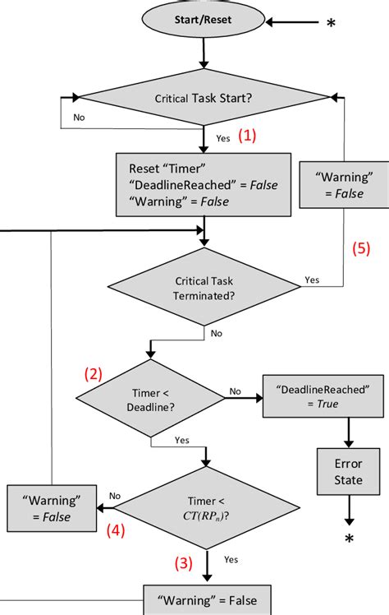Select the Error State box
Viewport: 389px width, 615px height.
(x=349, y=470)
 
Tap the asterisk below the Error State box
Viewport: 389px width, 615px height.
(x=349, y=539)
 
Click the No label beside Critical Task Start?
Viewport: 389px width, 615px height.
(x=80, y=118)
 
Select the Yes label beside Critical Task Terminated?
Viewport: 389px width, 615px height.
(x=313, y=279)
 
